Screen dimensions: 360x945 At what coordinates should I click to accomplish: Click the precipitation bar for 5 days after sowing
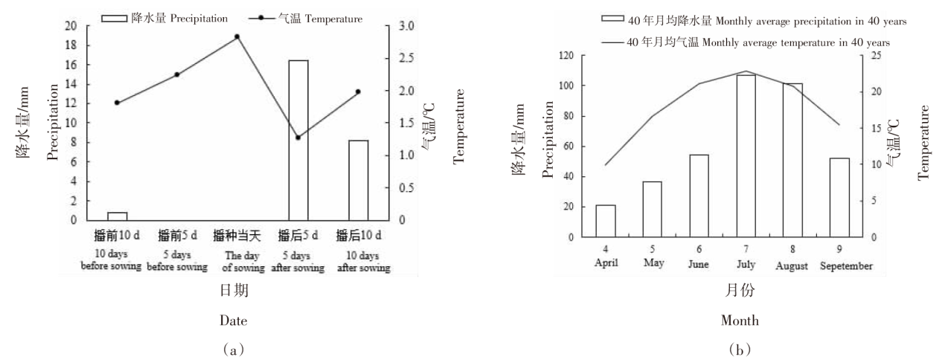[298, 141]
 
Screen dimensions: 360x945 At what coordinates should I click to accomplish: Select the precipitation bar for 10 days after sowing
[359, 181]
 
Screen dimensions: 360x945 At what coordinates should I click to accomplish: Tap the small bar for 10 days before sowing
[117, 216]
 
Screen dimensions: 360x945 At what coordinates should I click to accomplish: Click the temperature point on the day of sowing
[237, 36]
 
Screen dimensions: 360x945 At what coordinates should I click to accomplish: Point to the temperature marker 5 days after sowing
[298, 138]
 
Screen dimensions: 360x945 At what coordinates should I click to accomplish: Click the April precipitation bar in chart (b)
[605, 221]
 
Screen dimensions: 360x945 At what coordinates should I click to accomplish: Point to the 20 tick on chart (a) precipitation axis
[70, 26]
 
